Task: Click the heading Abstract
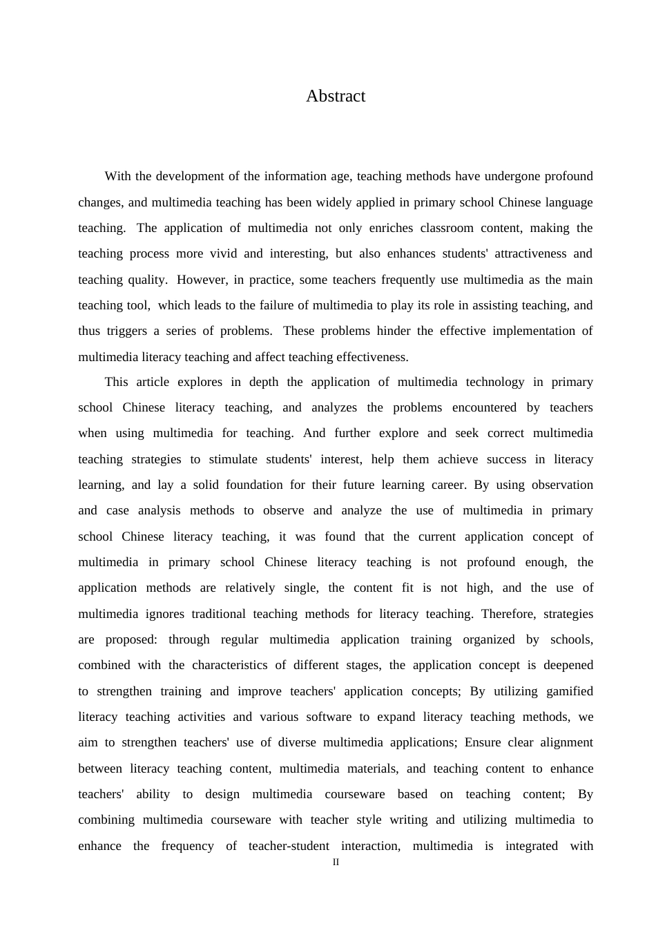click(x=336, y=96)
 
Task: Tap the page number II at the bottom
click(x=336, y=862)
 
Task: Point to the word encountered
click(x=485, y=407)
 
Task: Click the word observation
click(x=562, y=485)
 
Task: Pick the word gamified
click(x=569, y=691)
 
